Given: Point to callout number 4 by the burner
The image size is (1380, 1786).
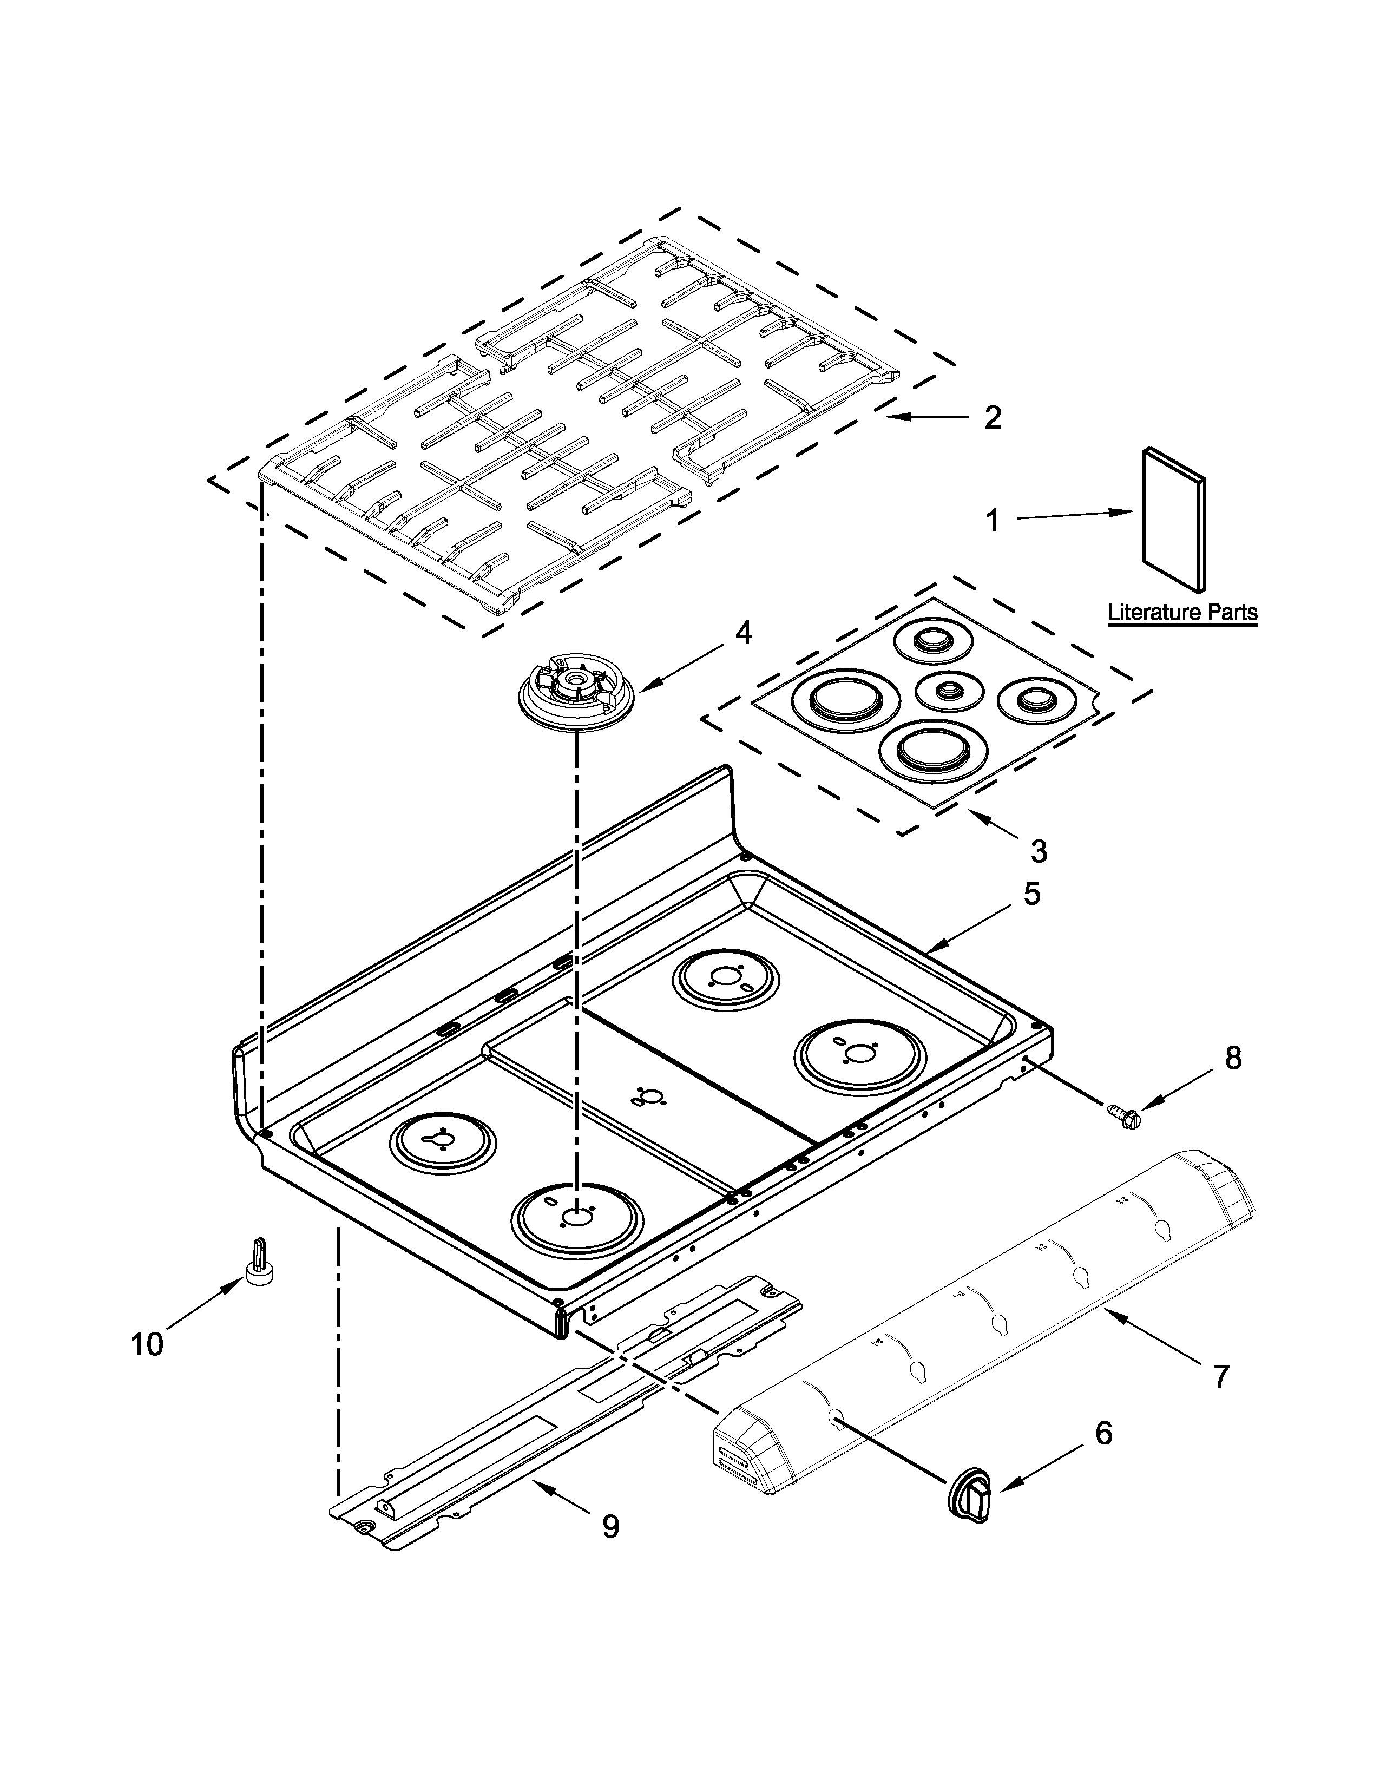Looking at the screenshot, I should pyautogui.click(x=743, y=633).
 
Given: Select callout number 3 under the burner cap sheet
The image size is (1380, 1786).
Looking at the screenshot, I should pyautogui.click(x=1039, y=851).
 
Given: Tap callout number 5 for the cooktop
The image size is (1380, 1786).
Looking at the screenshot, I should pyautogui.click(x=1031, y=894).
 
